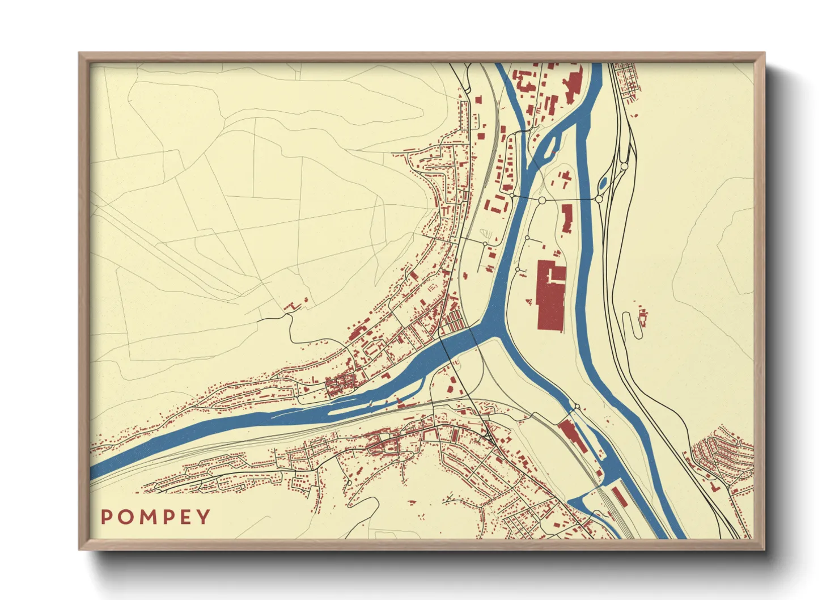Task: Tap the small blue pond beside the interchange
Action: pos(603,183)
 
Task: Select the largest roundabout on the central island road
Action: pos(542,200)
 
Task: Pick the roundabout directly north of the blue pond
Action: pos(624,166)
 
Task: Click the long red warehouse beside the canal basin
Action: pos(572,436)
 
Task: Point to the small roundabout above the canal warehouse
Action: pos(577,407)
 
